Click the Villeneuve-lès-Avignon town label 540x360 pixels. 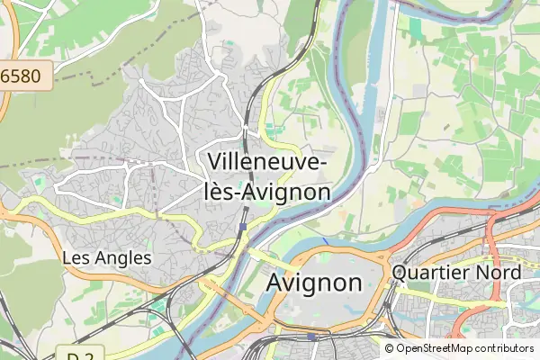click(267, 175)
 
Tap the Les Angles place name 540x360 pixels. click(106, 257)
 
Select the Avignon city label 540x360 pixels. click(314, 283)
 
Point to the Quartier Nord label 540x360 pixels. click(456, 272)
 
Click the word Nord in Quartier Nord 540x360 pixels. click(500, 272)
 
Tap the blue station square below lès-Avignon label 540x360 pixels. click(243, 226)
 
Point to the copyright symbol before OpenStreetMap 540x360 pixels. click(389, 348)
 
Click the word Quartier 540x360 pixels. click(435, 272)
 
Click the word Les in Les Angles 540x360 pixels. click(76, 257)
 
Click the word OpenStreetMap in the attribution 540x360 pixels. click(435, 348)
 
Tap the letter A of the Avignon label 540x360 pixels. click(275, 283)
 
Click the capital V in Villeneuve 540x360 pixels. click(215, 161)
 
